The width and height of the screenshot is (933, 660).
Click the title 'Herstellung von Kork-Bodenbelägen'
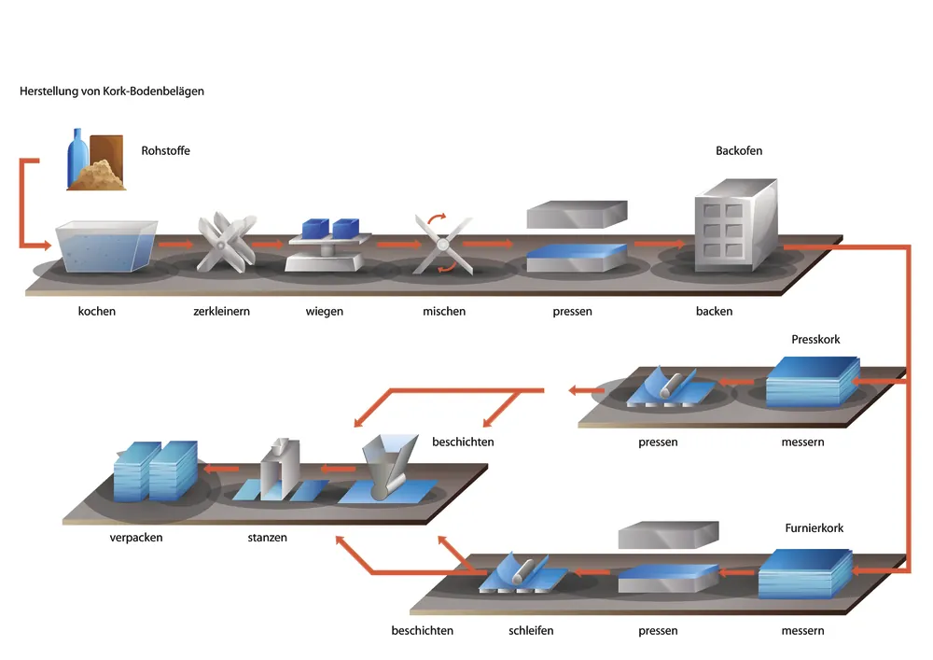[112, 91]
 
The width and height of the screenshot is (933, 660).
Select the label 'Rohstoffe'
[165, 150]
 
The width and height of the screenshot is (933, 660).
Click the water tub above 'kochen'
[105, 246]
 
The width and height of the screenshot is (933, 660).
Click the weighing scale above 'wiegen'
[324, 246]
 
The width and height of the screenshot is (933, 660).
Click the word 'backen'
[714, 311]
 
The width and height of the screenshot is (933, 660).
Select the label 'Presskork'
[815, 339]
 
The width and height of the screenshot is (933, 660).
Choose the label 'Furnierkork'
[814, 528]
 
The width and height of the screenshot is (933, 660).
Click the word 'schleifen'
[531, 630]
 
